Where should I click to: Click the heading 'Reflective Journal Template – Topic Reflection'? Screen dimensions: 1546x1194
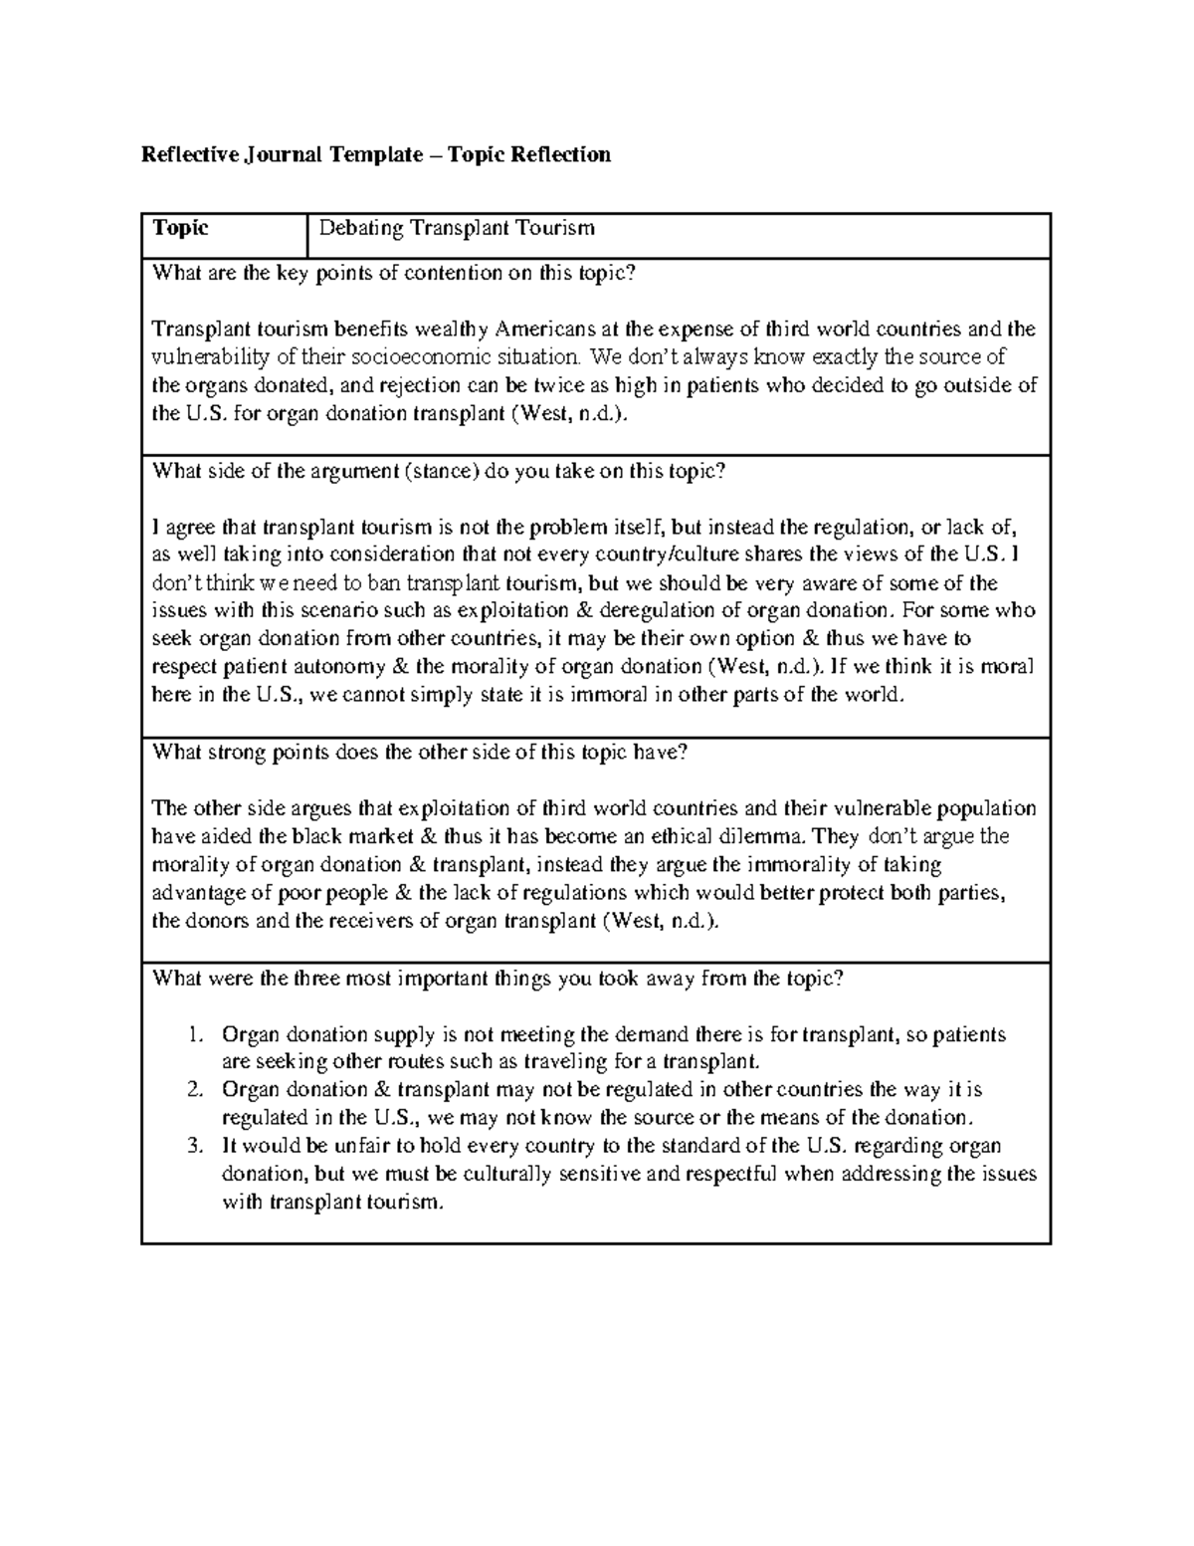click(x=375, y=154)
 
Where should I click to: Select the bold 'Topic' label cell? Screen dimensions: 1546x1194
click(x=179, y=228)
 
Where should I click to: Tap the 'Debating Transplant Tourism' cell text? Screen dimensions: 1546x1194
click(x=456, y=228)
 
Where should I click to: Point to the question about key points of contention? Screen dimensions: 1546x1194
click(x=392, y=274)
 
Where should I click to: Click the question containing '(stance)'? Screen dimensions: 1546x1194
click(x=438, y=472)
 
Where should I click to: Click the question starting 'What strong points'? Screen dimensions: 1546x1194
click(x=419, y=753)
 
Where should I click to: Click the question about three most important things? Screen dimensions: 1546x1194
click(x=497, y=979)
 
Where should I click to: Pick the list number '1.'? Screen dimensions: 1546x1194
click(x=195, y=1035)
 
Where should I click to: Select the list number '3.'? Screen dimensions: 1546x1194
click(x=195, y=1146)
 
